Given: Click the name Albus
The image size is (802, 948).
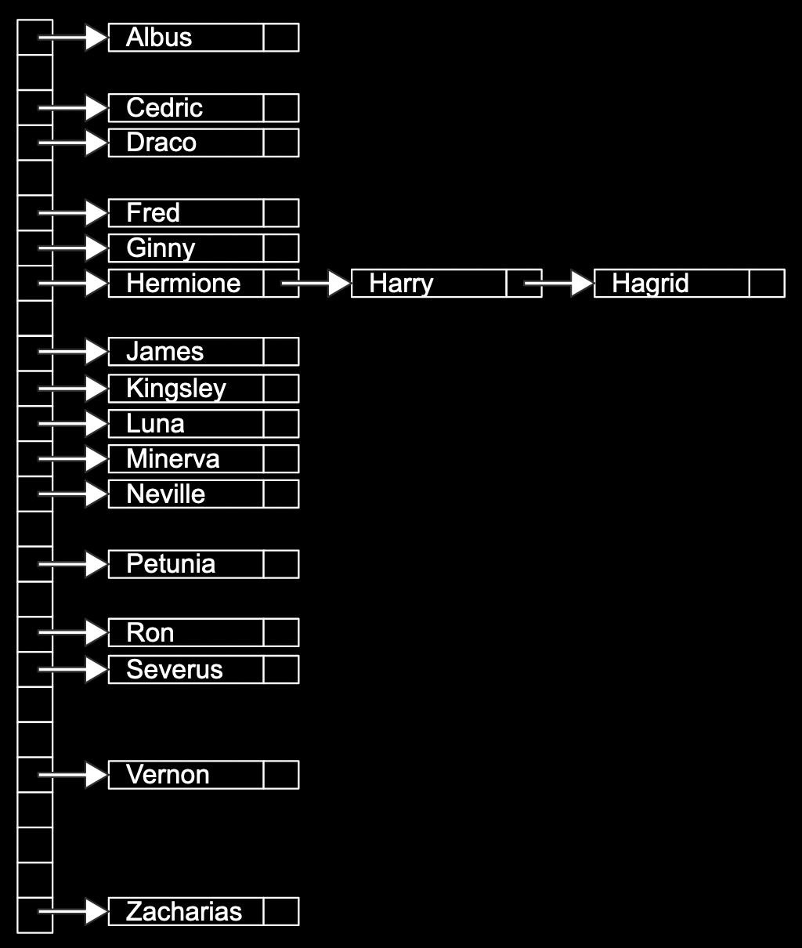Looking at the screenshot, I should [x=159, y=38].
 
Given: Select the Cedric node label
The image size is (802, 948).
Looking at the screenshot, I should [x=164, y=108].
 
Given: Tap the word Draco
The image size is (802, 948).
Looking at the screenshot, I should [x=161, y=143].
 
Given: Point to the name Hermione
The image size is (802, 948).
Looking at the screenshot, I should [x=183, y=284].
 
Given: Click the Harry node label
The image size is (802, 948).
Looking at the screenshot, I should [x=401, y=284].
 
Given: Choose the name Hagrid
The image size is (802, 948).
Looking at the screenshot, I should [x=650, y=284].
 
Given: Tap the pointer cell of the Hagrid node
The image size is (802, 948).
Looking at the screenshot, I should [x=767, y=284].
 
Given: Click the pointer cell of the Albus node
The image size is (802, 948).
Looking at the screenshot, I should [x=281, y=38].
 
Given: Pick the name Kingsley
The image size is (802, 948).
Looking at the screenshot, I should [x=176, y=389].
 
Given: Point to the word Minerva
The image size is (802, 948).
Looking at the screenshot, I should [x=173, y=459].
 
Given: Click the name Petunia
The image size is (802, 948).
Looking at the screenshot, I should [x=171, y=564].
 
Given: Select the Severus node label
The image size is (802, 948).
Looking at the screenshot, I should [x=175, y=670].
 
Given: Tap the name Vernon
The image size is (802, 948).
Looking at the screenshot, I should [x=168, y=775].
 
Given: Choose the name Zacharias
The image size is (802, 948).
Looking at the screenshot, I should [x=184, y=912].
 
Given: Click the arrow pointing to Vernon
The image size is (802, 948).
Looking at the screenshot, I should [x=73, y=775].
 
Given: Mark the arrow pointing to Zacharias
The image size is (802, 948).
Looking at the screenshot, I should [x=73, y=912].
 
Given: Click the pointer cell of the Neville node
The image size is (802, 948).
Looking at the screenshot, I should [x=281, y=494].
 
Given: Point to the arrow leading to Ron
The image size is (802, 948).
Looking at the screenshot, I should [x=73, y=632].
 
